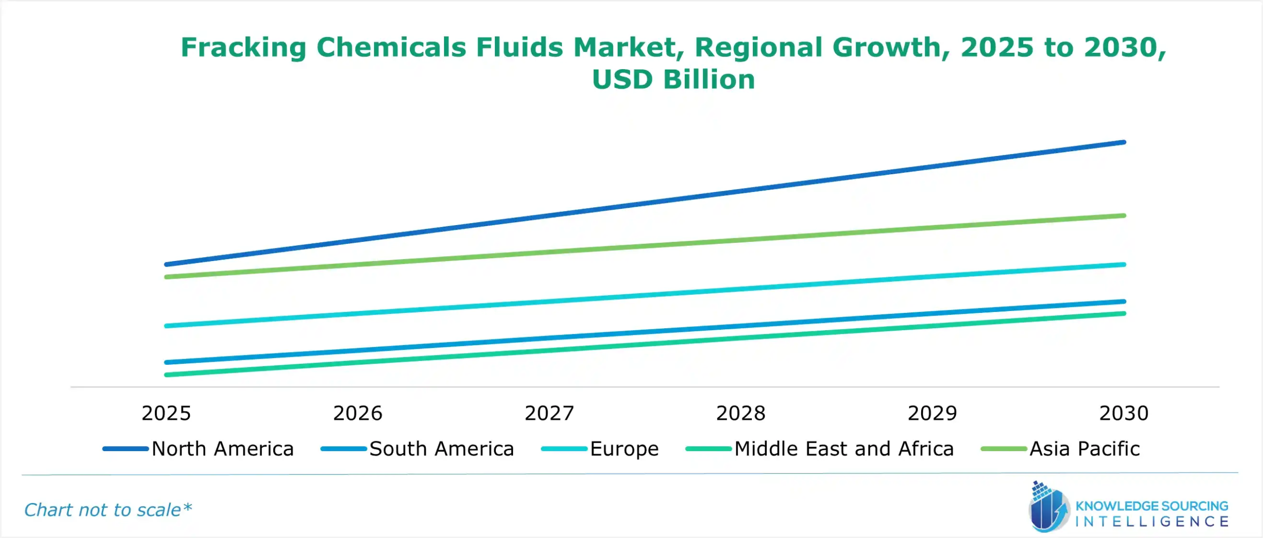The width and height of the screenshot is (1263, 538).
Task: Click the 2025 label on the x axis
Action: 166,413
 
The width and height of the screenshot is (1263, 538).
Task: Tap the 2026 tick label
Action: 358,413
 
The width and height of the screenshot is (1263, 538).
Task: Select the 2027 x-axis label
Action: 549,413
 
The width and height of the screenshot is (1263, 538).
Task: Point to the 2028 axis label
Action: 741,413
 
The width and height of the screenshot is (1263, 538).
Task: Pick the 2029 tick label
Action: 932,413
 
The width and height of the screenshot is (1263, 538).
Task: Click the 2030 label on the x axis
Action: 1124,413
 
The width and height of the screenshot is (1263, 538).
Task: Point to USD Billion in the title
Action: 673,79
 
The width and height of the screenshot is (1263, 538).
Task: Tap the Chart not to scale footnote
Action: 108,510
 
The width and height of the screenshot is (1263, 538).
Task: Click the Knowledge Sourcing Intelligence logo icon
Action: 1048,508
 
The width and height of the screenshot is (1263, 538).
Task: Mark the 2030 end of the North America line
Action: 1124,143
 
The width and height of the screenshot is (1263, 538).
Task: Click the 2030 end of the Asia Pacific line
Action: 1124,216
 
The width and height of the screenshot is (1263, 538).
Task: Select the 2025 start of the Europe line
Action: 167,326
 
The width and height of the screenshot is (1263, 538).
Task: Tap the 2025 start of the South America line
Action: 167,362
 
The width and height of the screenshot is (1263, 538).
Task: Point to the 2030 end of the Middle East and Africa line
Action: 1124,313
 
